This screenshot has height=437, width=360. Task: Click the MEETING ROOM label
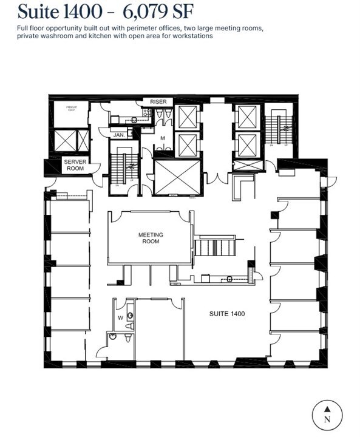151,238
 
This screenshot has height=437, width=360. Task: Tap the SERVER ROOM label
75,165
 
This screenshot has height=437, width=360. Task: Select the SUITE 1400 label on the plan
227,314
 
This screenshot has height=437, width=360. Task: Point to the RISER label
158,102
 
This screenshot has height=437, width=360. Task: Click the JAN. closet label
119,135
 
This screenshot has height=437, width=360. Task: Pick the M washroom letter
163,138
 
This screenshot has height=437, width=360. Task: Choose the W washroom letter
120,317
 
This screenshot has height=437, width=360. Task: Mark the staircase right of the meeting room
216,248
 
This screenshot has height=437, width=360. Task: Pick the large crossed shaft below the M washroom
177,177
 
